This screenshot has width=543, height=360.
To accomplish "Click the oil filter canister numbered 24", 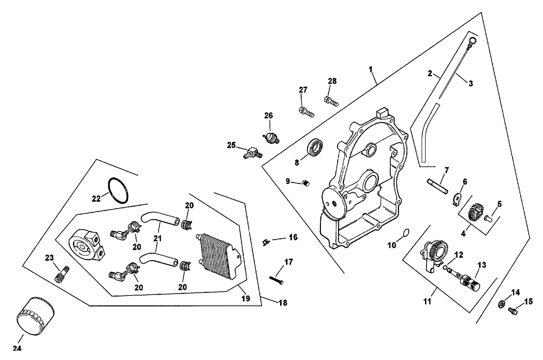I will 36,314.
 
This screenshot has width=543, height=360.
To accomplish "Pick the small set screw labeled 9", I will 306,183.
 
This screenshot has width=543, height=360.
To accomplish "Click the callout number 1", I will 371,69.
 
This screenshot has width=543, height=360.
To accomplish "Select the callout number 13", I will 482,265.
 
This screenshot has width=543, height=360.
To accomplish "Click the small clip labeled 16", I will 266,240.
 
